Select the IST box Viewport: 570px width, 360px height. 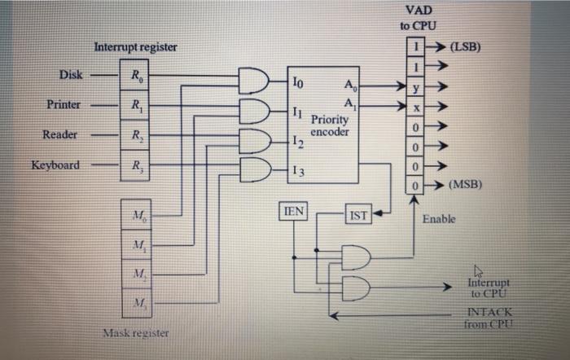click(358, 215)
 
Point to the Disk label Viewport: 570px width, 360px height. click(71, 76)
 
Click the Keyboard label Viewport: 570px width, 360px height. click(55, 165)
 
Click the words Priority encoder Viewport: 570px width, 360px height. click(330, 125)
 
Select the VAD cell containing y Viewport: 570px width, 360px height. click(417, 89)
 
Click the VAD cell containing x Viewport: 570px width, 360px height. click(417, 108)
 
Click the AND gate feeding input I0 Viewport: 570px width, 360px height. click(253, 80)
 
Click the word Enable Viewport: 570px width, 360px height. click(440, 219)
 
